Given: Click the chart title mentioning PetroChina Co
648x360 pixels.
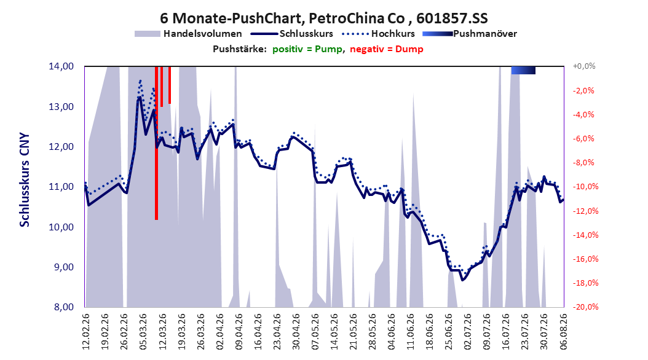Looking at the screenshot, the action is [323, 18].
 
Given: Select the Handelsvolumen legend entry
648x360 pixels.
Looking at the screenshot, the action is [188, 34].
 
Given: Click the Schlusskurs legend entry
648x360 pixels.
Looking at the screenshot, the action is [292, 34].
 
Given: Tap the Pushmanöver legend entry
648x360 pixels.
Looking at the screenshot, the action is [470, 34].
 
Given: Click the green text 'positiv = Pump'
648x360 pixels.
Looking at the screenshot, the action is [307, 49].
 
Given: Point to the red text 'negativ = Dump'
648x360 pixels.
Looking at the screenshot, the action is [387, 49].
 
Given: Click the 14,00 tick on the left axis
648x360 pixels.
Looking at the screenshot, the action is [61, 66].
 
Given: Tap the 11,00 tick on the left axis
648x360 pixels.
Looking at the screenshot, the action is [61, 187].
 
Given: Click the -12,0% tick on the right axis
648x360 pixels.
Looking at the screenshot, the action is [583, 211].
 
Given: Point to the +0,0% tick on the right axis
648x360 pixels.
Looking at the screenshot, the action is [584, 66].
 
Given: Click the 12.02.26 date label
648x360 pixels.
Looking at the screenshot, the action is [86, 331].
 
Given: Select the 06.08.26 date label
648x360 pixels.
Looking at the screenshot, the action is [563, 331].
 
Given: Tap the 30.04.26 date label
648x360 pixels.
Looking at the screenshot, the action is [296, 331].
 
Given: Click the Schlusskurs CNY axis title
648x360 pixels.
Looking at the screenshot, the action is [25, 179].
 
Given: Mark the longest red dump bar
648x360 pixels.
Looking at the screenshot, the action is [156, 143].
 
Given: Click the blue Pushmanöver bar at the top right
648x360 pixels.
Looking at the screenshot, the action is [523, 70].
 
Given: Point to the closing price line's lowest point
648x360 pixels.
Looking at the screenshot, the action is [463, 280].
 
